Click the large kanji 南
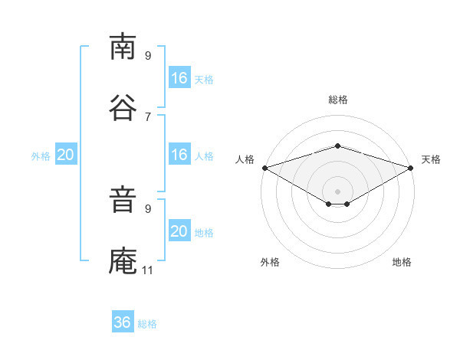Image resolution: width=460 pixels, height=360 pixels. pos(123,46)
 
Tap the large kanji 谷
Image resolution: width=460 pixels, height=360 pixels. pos(123,107)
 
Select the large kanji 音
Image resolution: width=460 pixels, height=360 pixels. pos(123,199)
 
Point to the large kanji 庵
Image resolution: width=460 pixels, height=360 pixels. pos(123,260)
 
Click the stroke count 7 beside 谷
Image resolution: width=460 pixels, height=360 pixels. pos(148,117)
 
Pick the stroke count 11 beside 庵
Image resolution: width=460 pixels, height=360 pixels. pos(147,270)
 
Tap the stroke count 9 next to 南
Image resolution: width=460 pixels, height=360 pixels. pos(148,55)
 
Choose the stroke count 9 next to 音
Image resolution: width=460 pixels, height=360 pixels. pos(148,209)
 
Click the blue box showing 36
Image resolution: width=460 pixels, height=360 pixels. pos(123,321)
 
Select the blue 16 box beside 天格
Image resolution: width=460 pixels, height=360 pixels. pos(180,77)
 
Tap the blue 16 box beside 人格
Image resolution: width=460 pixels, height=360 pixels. pos(180,154)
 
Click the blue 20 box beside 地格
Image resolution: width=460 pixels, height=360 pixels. pos(180,230)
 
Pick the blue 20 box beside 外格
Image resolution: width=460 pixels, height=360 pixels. pos(66,154)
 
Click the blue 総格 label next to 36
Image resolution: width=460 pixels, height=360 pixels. pos(147,324)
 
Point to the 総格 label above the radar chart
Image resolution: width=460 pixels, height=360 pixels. pos(338,100)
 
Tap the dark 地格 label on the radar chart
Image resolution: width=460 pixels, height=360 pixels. pos(402,262)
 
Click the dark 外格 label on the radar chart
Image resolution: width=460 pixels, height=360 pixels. pos(270,262)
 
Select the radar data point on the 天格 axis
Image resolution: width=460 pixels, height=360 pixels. pos(411,168)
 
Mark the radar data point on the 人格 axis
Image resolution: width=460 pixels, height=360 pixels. pos(265,168)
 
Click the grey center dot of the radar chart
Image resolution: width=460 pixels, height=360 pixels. pos(337,191)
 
